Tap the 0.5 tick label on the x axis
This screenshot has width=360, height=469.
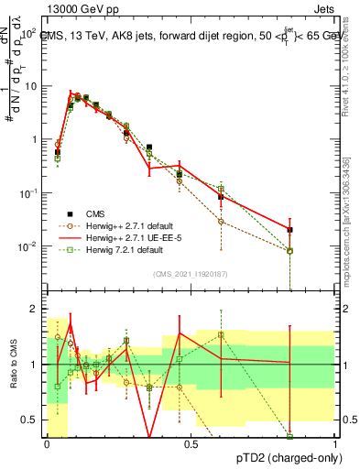tap(191, 444)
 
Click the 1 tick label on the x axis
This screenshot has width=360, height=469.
tap(335, 444)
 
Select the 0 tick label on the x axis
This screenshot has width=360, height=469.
tap(47, 444)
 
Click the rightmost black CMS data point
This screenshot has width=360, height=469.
tap(289, 230)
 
